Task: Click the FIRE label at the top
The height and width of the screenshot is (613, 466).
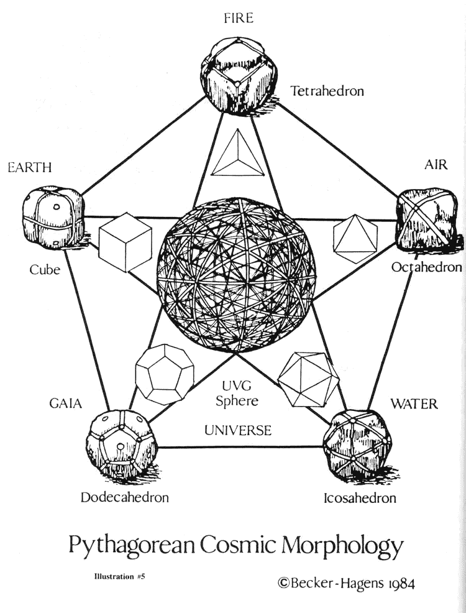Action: [x=239, y=18]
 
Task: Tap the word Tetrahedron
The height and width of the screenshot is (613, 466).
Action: [x=327, y=91]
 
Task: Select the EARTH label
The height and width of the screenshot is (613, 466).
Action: [x=30, y=167]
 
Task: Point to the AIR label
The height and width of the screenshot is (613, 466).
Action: [x=436, y=165]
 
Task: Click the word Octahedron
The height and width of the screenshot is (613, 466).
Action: [x=426, y=267]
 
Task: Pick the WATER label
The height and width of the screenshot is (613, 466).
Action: [x=414, y=404]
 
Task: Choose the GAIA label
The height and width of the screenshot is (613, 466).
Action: [x=65, y=403]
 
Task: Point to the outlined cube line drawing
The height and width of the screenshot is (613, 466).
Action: [x=126, y=242]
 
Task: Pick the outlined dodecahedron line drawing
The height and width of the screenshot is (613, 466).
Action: [x=165, y=374]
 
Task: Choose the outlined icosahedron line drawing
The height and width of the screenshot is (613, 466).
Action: [x=308, y=374]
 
